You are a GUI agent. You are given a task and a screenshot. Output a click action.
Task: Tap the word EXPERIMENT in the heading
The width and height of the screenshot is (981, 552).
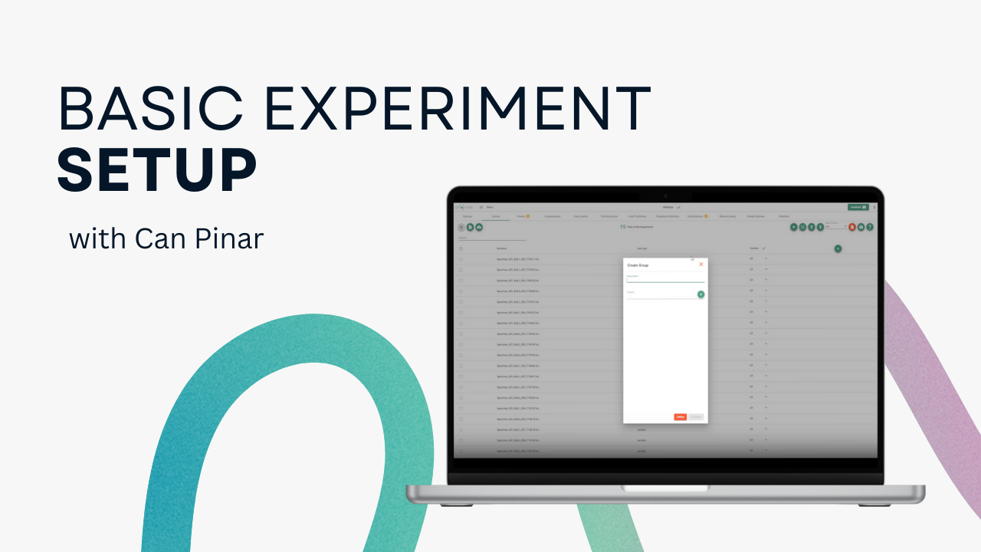pyautogui.click(x=455, y=109)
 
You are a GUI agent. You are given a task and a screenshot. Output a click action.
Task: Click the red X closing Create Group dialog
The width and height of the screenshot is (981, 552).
pyautogui.click(x=700, y=264)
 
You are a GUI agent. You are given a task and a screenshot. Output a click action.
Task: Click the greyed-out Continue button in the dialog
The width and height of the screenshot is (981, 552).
pyautogui.click(x=696, y=417)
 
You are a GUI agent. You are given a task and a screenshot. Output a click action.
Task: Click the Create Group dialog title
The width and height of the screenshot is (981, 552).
pyautogui.click(x=638, y=265)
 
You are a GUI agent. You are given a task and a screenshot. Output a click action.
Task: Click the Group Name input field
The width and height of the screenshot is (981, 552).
pyautogui.click(x=664, y=280)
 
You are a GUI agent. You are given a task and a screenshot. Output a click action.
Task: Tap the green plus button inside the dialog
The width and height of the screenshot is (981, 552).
pyautogui.click(x=700, y=294)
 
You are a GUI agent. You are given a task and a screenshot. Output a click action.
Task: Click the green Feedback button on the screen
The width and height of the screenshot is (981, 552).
pyautogui.click(x=857, y=207)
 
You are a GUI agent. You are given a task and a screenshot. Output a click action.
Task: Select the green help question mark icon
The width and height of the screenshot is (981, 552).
pyautogui.click(x=870, y=227)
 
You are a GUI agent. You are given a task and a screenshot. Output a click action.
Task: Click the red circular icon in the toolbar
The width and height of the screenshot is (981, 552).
pyautogui.click(x=852, y=227)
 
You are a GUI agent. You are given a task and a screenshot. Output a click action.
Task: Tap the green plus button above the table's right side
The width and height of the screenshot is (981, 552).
pyautogui.click(x=838, y=248)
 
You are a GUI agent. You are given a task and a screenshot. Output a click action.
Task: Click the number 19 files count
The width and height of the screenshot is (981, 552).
pyautogui.click(x=622, y=227)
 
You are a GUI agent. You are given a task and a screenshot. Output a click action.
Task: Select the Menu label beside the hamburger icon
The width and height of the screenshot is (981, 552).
pyautogui.click(x=489, y=208)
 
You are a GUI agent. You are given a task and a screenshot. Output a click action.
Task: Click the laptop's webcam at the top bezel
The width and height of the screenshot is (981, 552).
pyautogui.click(x=665, y=195)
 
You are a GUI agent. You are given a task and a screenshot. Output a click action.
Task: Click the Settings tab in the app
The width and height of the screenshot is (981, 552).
pyautogui.click(x=468, y=216)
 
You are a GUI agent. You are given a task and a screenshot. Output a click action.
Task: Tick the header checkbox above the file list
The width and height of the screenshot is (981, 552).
pyautogui.click(x=461, y=248)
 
